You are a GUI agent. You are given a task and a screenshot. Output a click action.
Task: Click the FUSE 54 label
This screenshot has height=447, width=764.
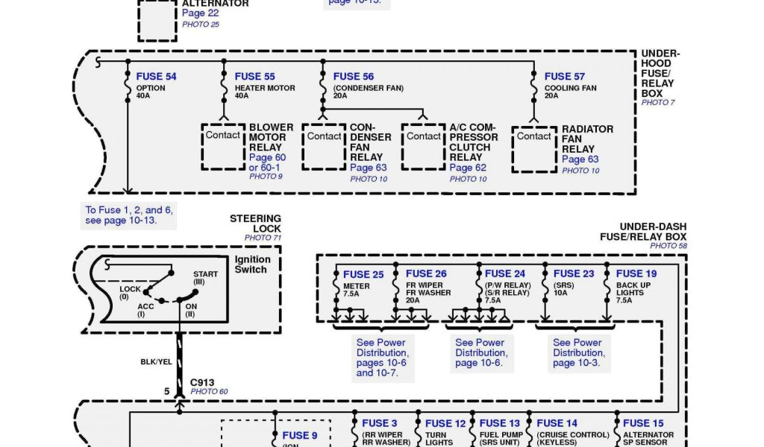click(156, 77)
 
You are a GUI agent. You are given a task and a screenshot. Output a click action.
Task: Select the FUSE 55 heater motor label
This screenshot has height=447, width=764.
click(254, 77)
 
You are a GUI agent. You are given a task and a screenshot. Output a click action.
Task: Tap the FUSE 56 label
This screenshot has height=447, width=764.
click(354, 77)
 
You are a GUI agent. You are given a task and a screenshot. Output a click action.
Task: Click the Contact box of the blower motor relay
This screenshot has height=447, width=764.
click(223, 136)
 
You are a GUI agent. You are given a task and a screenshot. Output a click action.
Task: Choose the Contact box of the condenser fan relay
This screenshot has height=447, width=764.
click(325, 137)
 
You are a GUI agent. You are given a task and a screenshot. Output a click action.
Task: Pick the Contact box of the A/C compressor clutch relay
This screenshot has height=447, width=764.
click(424, 137)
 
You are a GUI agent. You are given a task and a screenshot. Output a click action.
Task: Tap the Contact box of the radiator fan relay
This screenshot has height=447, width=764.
click(534, 137)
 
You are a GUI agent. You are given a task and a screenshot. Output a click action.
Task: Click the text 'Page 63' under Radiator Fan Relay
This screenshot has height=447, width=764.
click(580, 159)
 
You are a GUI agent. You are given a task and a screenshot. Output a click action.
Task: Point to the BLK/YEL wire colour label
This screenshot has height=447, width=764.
click(157, 362)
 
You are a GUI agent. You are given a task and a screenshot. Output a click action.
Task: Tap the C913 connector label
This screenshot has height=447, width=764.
click(202, 382)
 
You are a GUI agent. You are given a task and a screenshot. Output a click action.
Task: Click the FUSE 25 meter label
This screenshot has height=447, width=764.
click(363, 274)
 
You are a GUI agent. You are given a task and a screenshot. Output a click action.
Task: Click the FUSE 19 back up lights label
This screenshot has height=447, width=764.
click(636, 273)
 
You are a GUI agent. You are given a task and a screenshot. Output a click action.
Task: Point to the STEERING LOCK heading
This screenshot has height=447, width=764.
click(255, 223)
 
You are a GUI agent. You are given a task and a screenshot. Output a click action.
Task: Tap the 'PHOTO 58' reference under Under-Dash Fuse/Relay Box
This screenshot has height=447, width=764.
click(668, 245)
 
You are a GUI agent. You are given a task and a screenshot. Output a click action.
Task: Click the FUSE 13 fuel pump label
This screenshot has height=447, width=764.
click(499, 423)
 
